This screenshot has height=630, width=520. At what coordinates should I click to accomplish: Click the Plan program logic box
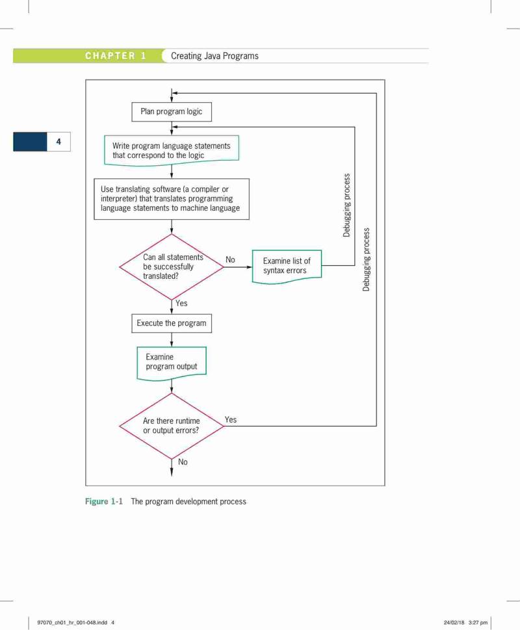click(172, 112)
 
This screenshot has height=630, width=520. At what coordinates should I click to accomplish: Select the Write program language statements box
click(172, 150)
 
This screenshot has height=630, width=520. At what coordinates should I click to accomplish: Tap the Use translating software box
click(172, 199)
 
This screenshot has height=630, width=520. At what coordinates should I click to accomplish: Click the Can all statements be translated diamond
click(172, 267)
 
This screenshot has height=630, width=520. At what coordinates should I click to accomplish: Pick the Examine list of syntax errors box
click(287, 267)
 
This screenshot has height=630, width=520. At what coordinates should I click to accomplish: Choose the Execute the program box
click(172, 323)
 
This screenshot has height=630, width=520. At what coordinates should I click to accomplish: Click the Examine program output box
click(172, 363)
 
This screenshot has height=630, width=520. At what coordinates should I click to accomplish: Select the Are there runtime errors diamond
click(172, 426)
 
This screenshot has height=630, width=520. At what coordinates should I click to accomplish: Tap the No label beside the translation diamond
click(230, 259)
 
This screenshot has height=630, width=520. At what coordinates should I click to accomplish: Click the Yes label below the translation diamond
click(181, 304)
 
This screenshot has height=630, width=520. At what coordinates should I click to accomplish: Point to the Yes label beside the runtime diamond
click(231, 419)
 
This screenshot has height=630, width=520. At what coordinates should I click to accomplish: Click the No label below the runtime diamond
click(183, 462)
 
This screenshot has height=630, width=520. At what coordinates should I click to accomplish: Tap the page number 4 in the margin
click(58, 142)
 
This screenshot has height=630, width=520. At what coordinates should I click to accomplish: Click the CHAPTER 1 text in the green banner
click(115, 56)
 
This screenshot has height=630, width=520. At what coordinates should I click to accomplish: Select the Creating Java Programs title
click(215, 56)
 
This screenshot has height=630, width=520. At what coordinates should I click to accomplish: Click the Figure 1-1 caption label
click(103, 501)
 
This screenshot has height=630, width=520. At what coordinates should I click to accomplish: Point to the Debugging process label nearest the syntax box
click(346, 205)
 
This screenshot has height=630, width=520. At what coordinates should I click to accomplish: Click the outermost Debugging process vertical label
click(366, 259)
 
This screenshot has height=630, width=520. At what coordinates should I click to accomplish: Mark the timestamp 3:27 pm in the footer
click(478, 622)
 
